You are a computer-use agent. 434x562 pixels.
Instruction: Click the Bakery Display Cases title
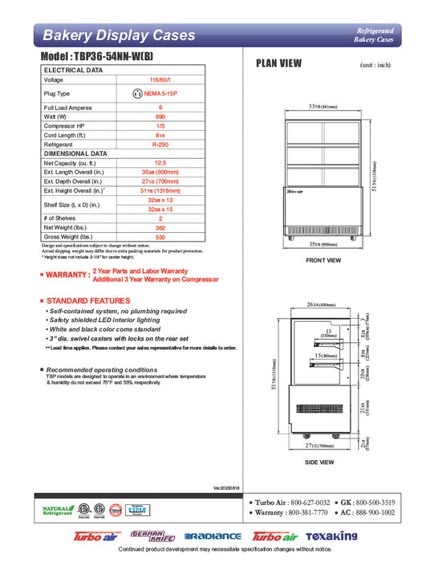118,35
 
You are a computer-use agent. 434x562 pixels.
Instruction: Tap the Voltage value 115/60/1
161,80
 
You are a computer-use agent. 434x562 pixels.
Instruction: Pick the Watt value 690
161,116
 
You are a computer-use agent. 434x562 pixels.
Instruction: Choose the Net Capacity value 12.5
161,163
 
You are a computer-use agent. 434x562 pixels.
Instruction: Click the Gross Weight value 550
161,238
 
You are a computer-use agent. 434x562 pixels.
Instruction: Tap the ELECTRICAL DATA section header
73,71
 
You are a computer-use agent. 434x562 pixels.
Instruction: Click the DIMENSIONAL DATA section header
75,153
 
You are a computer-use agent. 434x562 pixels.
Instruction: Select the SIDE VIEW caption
321,463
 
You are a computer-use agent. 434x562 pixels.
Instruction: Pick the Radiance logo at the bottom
213,536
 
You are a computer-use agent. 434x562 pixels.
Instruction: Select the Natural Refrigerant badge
55,511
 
